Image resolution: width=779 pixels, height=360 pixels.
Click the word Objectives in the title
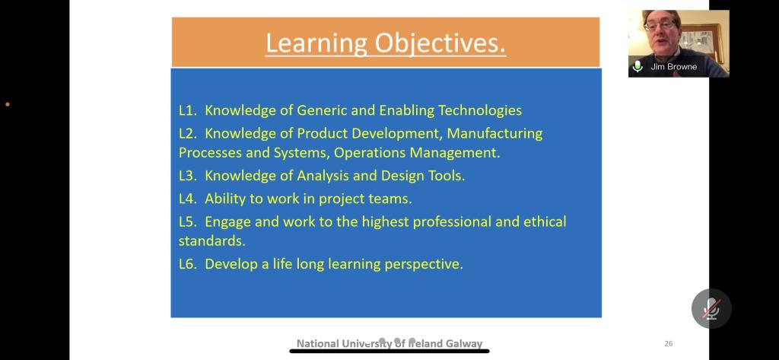tap(440, 43)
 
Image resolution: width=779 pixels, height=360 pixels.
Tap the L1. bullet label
tap(189, 110)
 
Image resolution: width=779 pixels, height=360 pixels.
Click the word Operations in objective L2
tap(370, 152)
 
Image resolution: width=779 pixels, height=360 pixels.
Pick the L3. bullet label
tap(189, 176)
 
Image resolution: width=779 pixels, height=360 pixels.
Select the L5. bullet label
tap(189, 221)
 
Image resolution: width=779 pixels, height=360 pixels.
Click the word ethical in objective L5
tap(545, 221)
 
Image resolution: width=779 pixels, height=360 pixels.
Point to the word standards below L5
tap(212, 241)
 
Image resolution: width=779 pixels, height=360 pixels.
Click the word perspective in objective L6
tap(424, 264)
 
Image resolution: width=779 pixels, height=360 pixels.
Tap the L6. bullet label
tap(189, 264)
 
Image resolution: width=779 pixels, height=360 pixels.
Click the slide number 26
tap(668, 343)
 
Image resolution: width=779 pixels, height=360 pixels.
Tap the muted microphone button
tap(711, 309)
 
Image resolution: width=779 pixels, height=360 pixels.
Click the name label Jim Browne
tap(674, 67)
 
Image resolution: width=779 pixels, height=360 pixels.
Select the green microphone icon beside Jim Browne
tap(638, 66)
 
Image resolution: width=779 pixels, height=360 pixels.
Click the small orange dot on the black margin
tap(8, 104)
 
